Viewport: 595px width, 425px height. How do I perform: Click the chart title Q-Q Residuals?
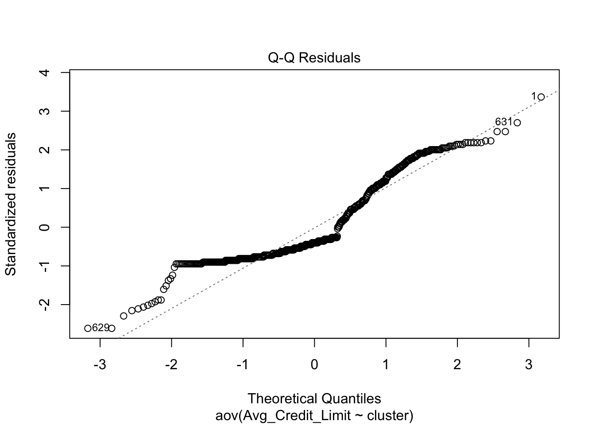pyautogui.click(x=314, y=58)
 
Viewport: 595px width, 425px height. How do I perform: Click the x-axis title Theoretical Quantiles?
pyautogui.click(x=314, y=398)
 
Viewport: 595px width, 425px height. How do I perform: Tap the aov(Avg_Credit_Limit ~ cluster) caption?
pyautogui.click(x=314, y=416)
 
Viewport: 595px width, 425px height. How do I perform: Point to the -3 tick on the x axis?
pyautogui.click(x=100, y=365)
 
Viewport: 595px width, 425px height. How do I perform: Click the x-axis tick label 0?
pyautogui.click(x=314, y=365)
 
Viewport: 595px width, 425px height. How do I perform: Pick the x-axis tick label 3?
pyautogui.click(x=529, y=365)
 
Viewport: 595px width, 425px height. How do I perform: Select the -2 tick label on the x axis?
pyautogui.click(x=171, y=365)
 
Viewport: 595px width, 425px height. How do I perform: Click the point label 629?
pyautogui.click(x=100, y=328)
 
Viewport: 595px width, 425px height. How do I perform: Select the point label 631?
pyautogui.click(x=503, y=122)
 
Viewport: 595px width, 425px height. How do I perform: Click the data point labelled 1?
pyautogui.click(x=541, y=97)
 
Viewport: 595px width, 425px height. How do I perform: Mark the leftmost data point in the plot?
pyautogui.click(x=88, y=328)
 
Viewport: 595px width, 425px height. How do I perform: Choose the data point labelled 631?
pyautogui.click(x=517, y=123)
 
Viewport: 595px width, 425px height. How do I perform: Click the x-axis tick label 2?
pyautogui.click(x=457, y=365)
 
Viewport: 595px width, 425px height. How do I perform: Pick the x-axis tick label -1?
pyautogui.click(x=243, y=365)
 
